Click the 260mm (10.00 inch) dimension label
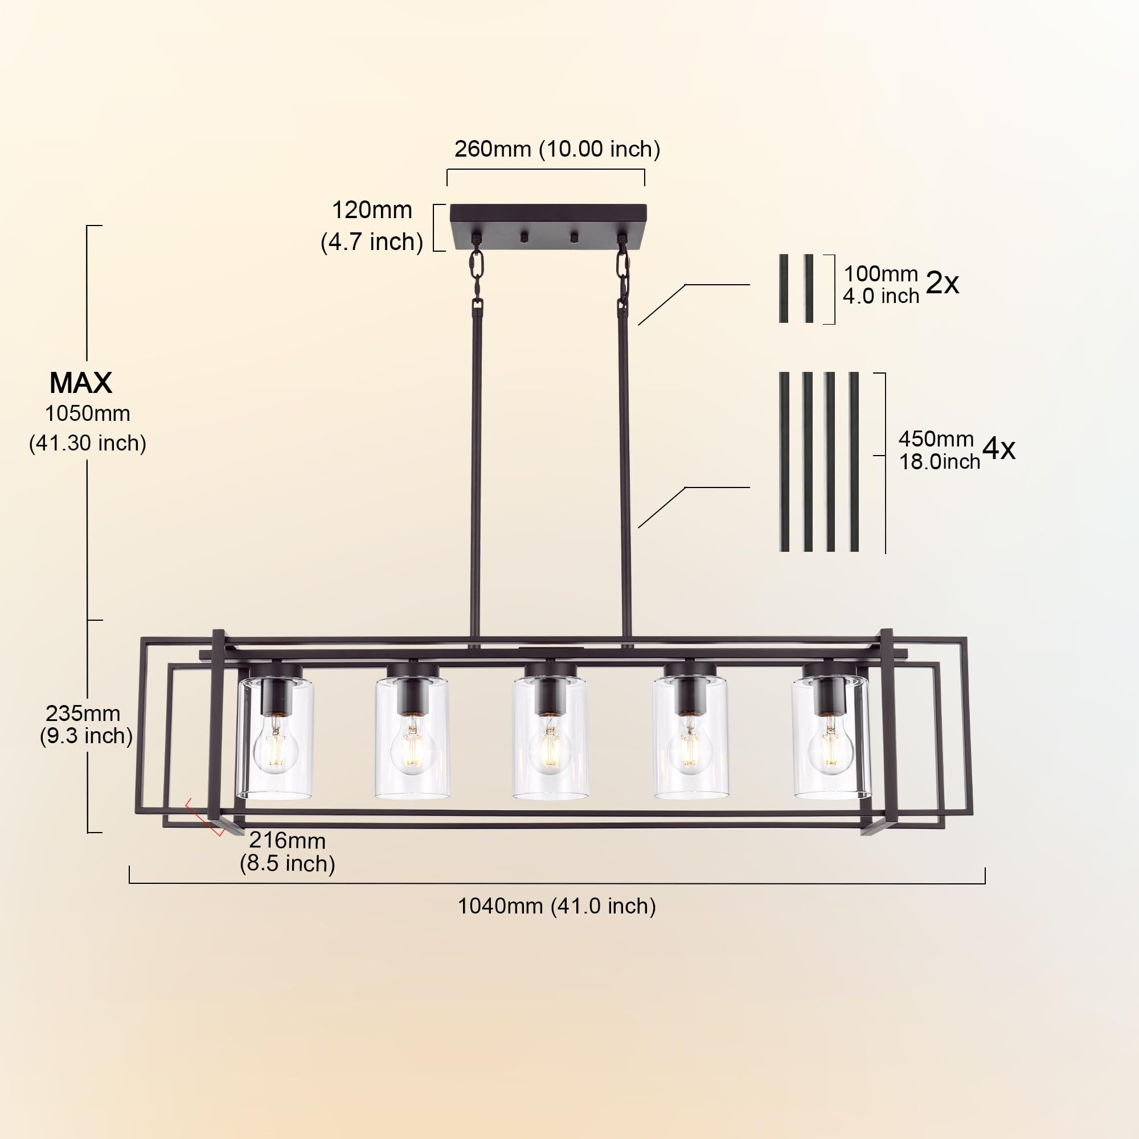pos(557,149)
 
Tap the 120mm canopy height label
pos(372,211)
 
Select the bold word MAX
pos(81,383)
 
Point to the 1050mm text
pos(87,414)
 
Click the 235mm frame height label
pos(83,714)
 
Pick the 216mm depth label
pos(287,840)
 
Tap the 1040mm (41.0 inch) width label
pos(556,906)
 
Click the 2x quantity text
pos(942,284)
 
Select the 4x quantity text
pos(999,449)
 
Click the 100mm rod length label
pos(881,274)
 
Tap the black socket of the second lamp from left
pos(412,693)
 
